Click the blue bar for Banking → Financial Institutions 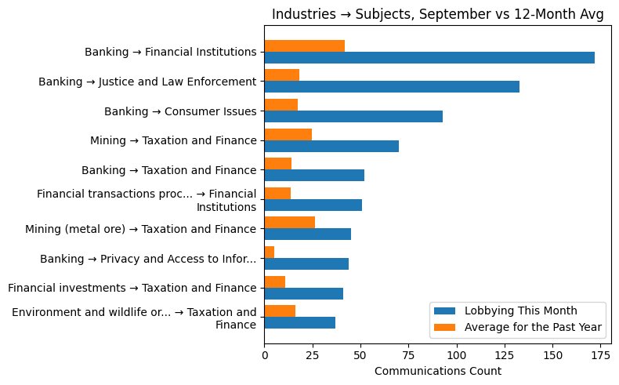[429, 57]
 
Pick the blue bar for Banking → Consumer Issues [353, 116]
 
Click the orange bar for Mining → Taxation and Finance [288, 134]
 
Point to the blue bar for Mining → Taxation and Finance [331, 146]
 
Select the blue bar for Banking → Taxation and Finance [314, 175]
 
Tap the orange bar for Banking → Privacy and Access [269, 252]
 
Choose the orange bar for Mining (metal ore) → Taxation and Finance [289, 223]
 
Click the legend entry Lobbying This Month [520, 311]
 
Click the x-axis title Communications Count [437, 371]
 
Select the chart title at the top [437, 15]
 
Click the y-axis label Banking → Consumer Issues [180, 111]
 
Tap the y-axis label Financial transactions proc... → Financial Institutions [147, 200]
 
